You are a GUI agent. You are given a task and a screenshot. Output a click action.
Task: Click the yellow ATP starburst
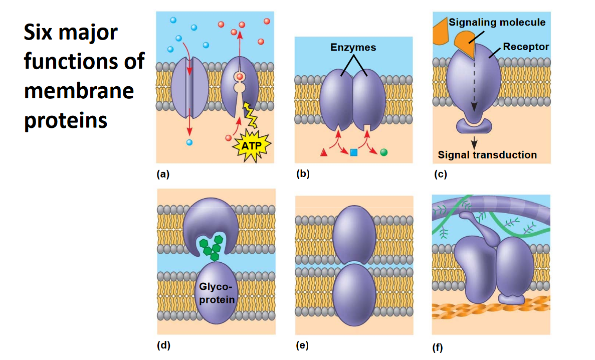252,146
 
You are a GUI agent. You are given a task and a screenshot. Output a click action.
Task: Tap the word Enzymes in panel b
353,48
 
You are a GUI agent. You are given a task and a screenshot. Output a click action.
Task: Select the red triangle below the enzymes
324,152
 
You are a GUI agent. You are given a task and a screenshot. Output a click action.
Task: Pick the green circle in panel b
384,152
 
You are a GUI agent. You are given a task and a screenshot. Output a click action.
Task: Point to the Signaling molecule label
497,23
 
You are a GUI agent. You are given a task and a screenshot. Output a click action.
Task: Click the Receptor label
526,47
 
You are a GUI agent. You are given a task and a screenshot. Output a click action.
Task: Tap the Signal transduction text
487,155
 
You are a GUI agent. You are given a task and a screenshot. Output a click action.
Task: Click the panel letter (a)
163,174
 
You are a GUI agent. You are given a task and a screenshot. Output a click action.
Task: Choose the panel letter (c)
440,175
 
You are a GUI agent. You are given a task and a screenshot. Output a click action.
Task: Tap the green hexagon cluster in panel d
211,247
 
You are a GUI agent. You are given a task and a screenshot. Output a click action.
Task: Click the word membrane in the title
79,91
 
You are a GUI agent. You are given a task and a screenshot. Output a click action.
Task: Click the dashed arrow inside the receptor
473,85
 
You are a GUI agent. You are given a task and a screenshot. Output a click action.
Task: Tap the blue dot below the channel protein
189,142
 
